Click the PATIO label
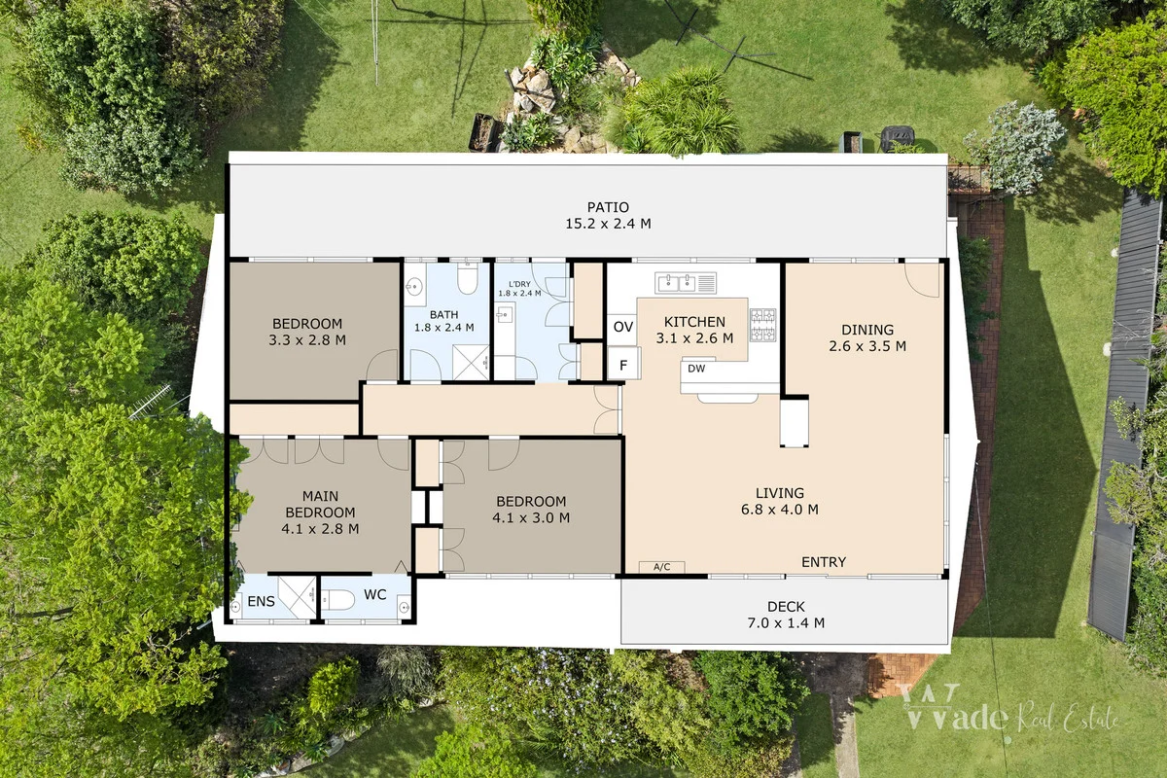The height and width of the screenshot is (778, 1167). (x=608, y=207)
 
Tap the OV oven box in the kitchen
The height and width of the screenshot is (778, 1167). (x=623, y=328)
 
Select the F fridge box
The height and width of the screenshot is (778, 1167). (x=623, y=366)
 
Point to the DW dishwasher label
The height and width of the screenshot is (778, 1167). (x=696, y=369)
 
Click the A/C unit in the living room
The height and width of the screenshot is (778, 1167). (x=661, y=567)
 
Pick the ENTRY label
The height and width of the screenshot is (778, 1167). (x=823, y=562)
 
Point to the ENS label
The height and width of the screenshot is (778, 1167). (x=261, y=602)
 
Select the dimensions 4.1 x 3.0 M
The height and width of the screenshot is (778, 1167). (x=531, y=518)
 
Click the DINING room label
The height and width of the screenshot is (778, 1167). (x=866, y=330)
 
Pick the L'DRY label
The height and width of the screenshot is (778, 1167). (x=517, y=282)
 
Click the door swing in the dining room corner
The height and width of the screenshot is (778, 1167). (x=923, y=279)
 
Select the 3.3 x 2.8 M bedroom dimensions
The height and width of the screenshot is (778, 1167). (x=307, y=340)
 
